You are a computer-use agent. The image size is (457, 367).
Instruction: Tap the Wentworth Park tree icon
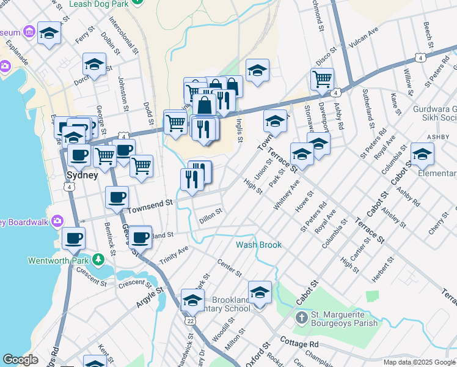click(98, 260)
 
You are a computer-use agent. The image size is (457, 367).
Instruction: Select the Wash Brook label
click(259, 245)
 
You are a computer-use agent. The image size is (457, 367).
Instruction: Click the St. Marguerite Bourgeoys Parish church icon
click(301, 318)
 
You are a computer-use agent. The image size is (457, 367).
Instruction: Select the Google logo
click(20, 360)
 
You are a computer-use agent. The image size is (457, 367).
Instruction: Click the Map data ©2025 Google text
click(419, 362)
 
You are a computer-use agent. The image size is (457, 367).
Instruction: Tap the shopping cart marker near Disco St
click(322, 79)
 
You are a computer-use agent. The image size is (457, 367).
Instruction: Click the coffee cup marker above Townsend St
click(117, 197)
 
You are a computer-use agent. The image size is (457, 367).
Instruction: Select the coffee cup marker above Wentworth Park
click(73, 238)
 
